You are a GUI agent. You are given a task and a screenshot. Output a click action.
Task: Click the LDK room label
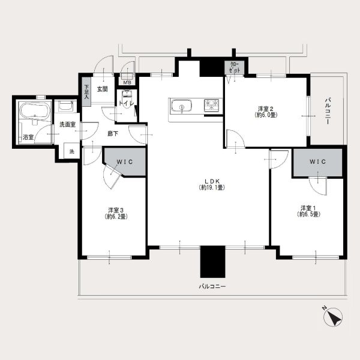point(212,184)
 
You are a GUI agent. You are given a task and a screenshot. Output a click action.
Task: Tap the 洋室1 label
point(308,211)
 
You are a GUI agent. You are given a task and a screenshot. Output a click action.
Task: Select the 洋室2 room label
point(266,112)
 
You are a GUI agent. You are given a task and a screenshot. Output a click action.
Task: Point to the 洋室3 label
point(116,213)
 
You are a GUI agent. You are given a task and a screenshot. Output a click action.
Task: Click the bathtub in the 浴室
point(35,110)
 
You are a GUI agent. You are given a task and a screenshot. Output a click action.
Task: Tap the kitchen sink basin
point(182,106)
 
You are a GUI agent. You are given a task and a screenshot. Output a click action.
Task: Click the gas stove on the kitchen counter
point(211,105)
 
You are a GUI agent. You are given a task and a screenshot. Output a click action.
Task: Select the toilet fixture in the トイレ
point(127,97)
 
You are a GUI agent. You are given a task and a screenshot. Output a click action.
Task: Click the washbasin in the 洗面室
point(65,106)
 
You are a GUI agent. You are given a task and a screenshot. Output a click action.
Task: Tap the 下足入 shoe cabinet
point(86,92)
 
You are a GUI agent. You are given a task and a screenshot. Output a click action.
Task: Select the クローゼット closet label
point(234,68)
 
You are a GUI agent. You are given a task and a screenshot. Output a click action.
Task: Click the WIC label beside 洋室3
point(125,162)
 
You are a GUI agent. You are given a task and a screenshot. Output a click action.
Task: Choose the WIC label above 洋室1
point(317,161)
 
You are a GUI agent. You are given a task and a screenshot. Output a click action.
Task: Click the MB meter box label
point(127,82)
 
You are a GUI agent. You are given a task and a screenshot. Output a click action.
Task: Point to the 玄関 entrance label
point(102,89)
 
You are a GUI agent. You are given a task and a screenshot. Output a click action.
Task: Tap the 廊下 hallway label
point(113,133)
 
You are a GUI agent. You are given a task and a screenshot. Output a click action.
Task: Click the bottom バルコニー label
point(212,286)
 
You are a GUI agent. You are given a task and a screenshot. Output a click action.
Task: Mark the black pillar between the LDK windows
point(212,262)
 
